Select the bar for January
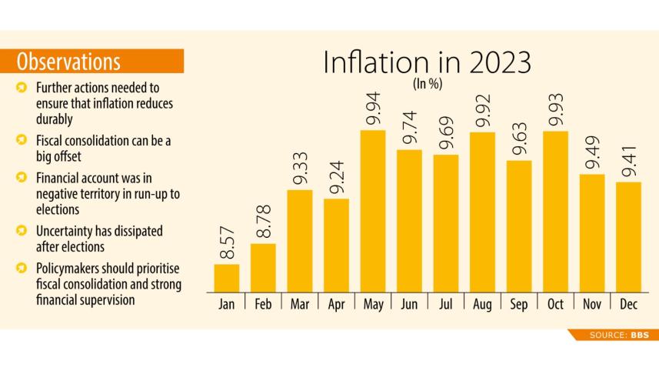(x=226, y=278)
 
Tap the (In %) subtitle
(x=428, y=85)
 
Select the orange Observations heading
(x=68, y=61)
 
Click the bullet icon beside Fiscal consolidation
(x=21, y=140)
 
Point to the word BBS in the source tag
(x=639, y=335)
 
